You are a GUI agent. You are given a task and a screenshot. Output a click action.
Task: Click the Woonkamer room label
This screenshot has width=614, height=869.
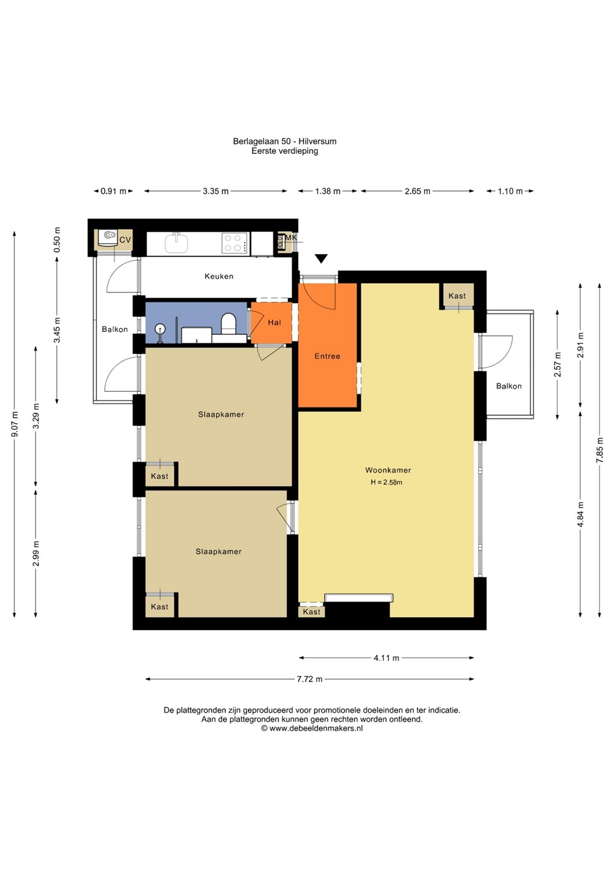(388, 470)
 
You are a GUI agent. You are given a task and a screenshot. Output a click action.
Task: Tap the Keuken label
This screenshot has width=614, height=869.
(219, 276)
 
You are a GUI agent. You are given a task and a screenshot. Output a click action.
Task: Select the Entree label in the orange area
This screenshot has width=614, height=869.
(327, 356)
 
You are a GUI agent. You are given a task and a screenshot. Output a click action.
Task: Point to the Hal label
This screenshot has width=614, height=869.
(274, 322)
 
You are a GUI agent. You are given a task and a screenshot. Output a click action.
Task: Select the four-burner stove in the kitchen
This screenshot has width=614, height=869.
(234, 243)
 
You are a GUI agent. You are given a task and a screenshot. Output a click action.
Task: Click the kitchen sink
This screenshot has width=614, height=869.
(176, 243)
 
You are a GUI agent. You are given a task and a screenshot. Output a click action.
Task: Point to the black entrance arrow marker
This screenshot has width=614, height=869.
(321, 258)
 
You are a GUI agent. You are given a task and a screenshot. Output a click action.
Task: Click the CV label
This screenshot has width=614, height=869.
(125, 240)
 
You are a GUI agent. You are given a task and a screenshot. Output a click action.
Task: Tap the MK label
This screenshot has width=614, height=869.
(291, 237)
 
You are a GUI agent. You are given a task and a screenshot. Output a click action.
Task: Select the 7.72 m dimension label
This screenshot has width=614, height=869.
(309, 680)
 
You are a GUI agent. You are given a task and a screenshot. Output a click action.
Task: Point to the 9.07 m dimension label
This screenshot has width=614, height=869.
(14, 424)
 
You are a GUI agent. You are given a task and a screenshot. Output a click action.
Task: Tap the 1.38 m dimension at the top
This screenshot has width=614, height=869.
(328, 191)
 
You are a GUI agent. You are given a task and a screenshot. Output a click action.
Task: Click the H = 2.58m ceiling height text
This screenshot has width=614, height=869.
(387, 483)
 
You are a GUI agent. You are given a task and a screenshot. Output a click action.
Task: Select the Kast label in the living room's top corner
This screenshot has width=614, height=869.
(457, 296)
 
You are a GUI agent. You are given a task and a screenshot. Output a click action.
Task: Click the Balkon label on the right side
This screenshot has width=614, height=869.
(509, 386)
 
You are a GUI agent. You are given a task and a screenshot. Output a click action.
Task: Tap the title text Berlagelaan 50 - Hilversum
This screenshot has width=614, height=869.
(285, 141)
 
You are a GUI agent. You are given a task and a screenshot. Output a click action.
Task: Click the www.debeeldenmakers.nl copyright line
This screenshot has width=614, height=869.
(312, 728)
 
